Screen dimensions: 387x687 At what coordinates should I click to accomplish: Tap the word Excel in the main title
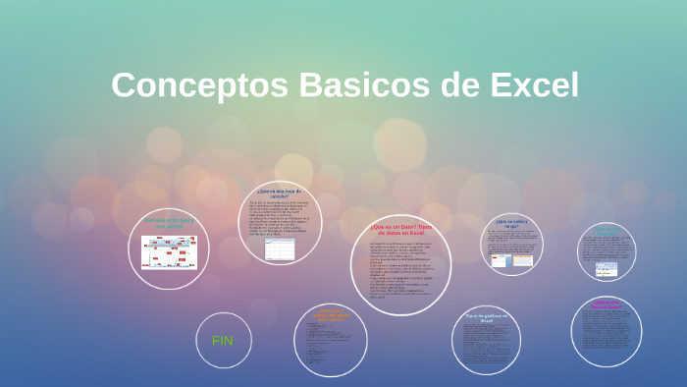pyautogui.click(x=526, y=85)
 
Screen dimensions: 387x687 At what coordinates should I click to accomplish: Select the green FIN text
pyautogui.click(x=223, y=340)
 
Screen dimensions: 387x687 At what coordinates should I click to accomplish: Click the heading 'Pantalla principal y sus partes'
pyautogui.click(x=169, y=222)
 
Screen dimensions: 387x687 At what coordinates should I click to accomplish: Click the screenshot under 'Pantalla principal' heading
pyautogui.click(x=169, y=251)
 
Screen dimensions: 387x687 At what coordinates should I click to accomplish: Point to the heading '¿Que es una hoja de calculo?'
pyautogui.click(x=280, y=193)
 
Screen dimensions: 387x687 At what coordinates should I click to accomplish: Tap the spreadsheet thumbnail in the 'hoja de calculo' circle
pyautogui.click(x=280, y=249)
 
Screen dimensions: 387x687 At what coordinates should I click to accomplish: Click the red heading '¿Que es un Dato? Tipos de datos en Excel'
pyautogui.click(x=400, y=229)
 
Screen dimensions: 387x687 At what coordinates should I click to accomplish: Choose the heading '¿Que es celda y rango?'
pyautogui.click(x=511, y=224)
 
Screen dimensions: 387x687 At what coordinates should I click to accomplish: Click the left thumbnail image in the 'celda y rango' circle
pyautogui.click(x=500, y=260)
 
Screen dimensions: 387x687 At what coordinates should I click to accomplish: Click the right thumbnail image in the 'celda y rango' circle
pyautogui.click(x=522, y=260)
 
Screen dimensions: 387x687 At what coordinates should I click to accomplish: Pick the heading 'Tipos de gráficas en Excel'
pyautogui.click(x=486, y=317)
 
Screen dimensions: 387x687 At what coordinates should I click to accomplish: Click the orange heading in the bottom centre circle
pyautogui.click(x=330, y=314)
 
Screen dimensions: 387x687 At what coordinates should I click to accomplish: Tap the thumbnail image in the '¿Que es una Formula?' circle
pyautogui.click(x=607, y=267)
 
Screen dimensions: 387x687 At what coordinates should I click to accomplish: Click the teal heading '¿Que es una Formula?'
pyautogui.click(x=607, y=232)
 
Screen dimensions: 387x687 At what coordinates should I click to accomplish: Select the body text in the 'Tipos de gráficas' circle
pyautogui.click(x=486, y=344)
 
